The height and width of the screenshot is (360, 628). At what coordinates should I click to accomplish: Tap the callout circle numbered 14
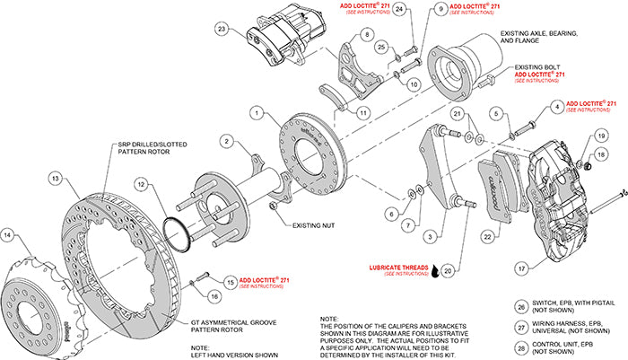pos(8,236)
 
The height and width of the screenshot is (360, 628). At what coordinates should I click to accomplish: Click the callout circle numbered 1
pos(257,113)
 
